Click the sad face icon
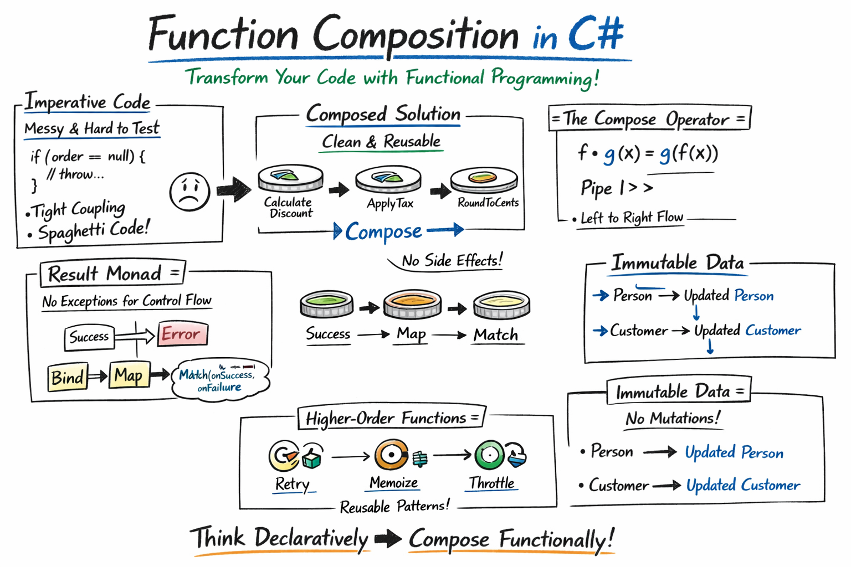[189, 192]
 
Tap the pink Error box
[182, 334]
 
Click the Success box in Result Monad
[89, 337]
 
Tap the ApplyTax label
[390, 204]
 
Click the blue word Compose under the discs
[383, 231]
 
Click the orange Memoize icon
[392, 455]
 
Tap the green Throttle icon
[490, 455]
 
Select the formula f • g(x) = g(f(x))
[647, 153]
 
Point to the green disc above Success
[326, 304]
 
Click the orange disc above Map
[412, 303]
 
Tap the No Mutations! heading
[673, 419]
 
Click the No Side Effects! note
[452, 260]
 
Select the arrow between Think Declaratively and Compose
[388, 539]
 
